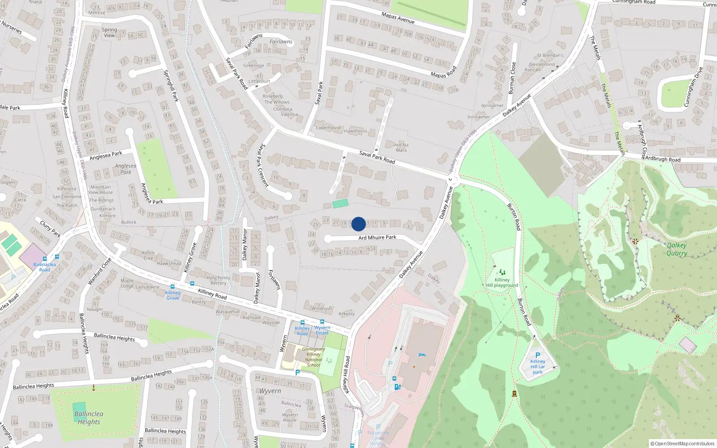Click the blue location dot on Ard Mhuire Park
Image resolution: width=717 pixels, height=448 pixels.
tap(358, 224)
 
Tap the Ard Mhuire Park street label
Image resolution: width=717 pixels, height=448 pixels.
tap(377, 237)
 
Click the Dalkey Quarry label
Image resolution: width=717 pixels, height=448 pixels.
tap(677, 249)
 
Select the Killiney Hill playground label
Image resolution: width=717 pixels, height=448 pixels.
tap(502, 283)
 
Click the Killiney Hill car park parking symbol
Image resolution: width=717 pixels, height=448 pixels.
tap(538, 355)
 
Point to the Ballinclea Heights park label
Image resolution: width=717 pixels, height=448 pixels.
tap(89, 418)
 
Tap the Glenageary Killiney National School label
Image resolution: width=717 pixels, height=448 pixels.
tap(313, 357)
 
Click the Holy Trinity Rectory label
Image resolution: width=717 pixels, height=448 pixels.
tap(218, 280)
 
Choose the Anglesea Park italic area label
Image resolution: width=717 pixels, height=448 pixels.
tap(125, 169)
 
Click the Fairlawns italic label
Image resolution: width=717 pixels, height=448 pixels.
tap(281, 42)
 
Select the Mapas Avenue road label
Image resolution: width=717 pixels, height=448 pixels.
tap(398, 18)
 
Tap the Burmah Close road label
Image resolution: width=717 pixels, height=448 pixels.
tap(512, 78)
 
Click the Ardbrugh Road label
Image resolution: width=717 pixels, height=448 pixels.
tap(662, 159)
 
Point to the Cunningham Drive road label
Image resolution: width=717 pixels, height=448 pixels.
tap(693, 87)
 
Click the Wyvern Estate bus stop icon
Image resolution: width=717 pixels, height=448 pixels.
tap(322, 322)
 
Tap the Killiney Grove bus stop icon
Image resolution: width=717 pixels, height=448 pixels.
tap(173, 287)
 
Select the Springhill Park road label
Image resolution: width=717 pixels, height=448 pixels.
tap(171, 86)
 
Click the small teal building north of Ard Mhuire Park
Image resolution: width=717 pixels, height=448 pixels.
tap(340, 204)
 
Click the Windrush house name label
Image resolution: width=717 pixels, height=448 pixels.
tap(322, 308)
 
